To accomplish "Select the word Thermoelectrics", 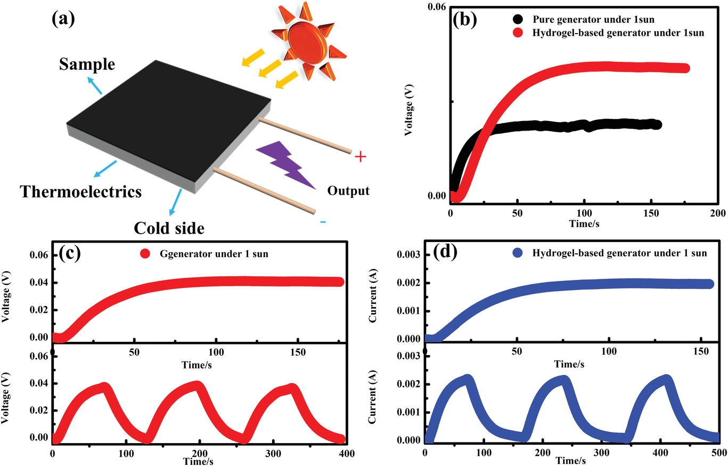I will point(81,191).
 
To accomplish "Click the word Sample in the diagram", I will point(87,65).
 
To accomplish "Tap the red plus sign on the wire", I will point(361,157).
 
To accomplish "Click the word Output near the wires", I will point(348,190).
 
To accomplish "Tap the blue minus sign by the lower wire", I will point(323,222).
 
